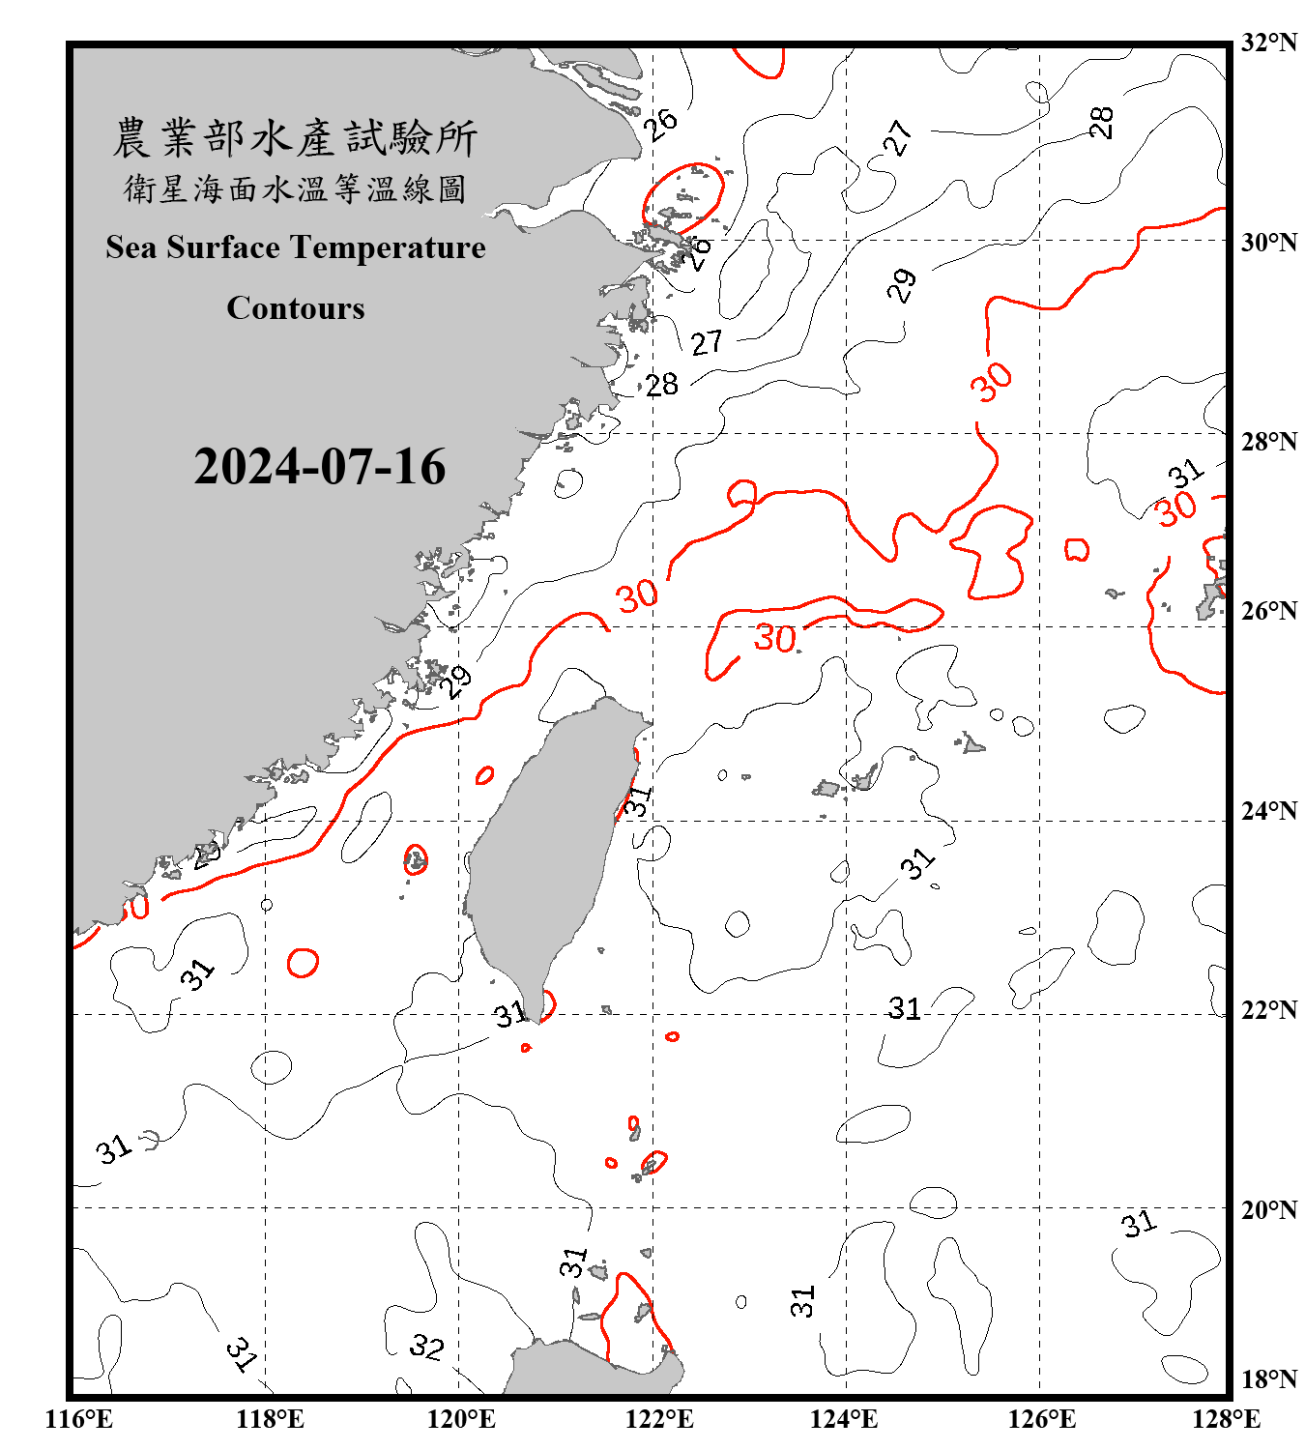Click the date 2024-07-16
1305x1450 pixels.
[x=319, y=467]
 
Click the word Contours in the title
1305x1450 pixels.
[x=296, y=308]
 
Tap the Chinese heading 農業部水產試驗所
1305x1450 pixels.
[x=295, y=138]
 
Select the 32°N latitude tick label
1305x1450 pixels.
[x=1268, y=43]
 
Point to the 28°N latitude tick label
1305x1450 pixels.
[x=1268, y=442]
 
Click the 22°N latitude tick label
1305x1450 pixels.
[x=1268, y=1010]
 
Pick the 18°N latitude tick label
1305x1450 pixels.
[x=1268, y=1379]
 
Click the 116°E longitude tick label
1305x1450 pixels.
[x=79, y=1419]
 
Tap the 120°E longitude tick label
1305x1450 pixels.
[x=461, y=1419]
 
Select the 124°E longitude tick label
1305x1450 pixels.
[x=844, y=1419]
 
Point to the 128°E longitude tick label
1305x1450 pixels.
[x=1226, y=1419]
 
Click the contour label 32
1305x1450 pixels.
[x=426, y=1346]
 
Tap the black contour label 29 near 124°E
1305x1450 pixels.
[x=902, y=286]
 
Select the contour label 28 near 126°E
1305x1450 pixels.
[x=1101, y=123]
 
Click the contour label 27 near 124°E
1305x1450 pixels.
[x=898, y=138]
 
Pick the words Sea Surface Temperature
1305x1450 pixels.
[x=296, y=247]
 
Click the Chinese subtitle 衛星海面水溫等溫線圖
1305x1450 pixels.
[x=295, y=189]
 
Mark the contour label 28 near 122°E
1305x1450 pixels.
[x=662, y=385]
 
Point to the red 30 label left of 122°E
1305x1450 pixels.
[x=638, y=596]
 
